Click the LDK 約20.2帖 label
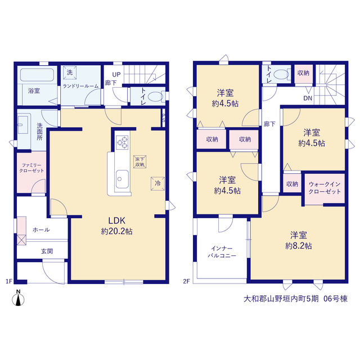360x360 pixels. pyautogui.click(x=116, y=226)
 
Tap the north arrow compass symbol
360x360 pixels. pyautogui.click(x=18, y=298)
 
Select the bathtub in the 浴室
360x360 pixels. pyautogui.click(x=37, y=75)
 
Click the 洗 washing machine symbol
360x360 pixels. pyautogui.click(x=70, y=73)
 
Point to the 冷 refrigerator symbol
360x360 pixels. pyautogui.click(x=157, y=183)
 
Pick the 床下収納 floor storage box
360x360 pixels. pyautogui.click(x=140, y=161)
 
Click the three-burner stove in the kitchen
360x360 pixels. pyautogui.click(x=122, y=142)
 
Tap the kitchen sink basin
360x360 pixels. pyautogui.click(x=122, y=179)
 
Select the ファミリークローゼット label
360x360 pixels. pyautogui.click(x=31, y=168)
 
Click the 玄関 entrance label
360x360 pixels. pyautogui.click(x=47, y=251)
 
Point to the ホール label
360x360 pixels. pyautogui.click(x=41, y=229)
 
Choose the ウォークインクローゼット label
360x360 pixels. pyautogui.click(x=325, y=188)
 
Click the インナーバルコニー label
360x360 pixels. pyautogui.click(x=222, y=252)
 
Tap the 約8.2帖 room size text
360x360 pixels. pyautogui.click(x=299, y=246)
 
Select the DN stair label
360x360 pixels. pyautogui.click(x=308, y=98)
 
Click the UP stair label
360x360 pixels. pyautogui.click(x=116, y=75)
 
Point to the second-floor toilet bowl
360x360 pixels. pyautogui.click(x=281, y=74)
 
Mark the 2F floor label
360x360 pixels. pyautogui.click(x=186, y=281)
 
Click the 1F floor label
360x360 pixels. pyautogui.click(x=9, y=281)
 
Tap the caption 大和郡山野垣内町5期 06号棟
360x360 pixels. pyautogui.click(x=296, y=299)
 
